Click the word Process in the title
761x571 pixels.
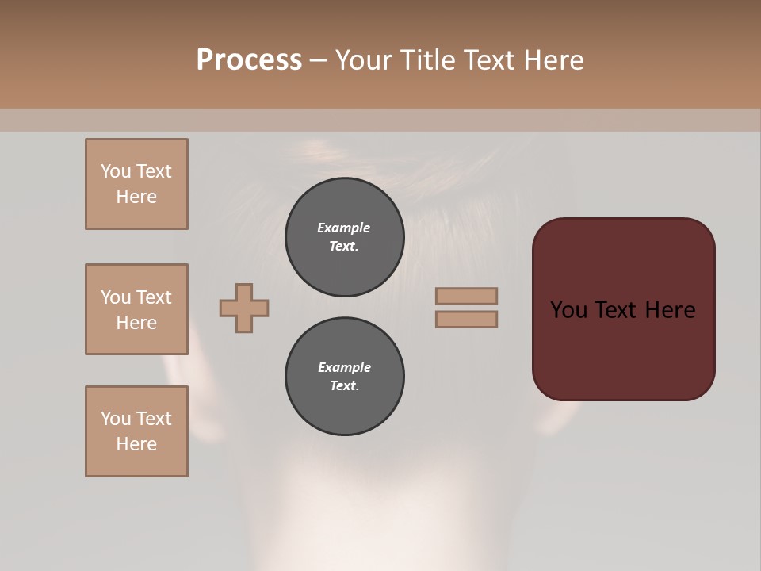tap(249, 60)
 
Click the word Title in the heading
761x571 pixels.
tap(427, 60)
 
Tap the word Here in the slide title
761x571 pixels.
tap(553, 60)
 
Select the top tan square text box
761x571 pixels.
tap(136, 184)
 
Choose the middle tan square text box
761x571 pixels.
tap(136, 309)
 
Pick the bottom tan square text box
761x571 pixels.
tap(136, 431)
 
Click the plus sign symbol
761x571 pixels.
tap(244, 308)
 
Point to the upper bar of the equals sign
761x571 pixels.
tap(467, 297)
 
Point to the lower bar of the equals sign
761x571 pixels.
tap(467, 320)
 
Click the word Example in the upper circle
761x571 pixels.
tap(344, 228)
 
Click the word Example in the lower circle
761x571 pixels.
tap(344, 367)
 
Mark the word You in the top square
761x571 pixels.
tap(116, 171)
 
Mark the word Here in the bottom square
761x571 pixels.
tap(136, 444)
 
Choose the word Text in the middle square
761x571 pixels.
tap(153, 297)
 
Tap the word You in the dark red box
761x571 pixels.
tap(568, 310)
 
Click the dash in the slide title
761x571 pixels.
tap(319, 60)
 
